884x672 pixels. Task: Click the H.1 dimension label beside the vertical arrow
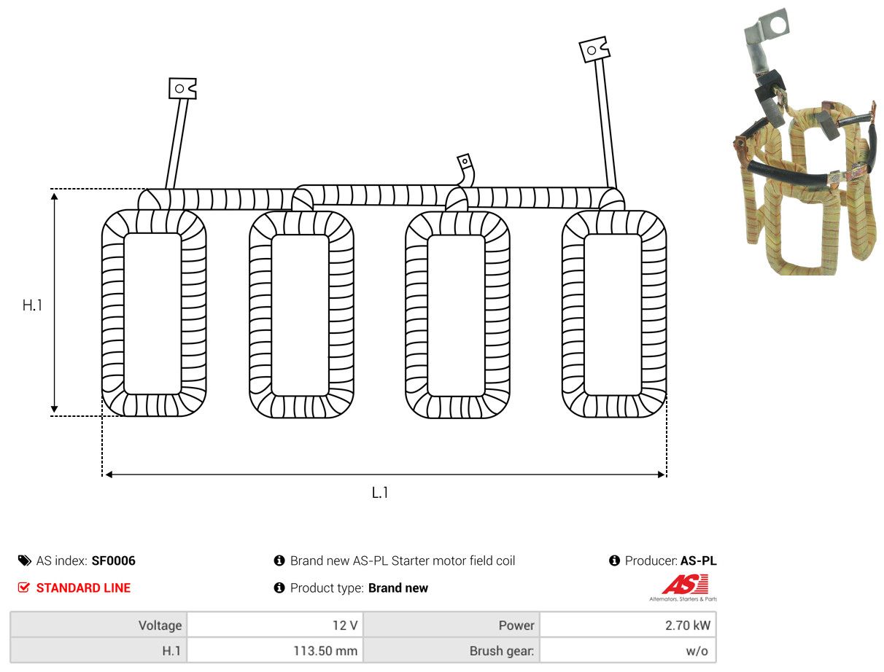point(32,305)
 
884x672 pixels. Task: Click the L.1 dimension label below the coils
point(379,493)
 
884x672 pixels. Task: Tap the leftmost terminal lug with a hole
point(182,88)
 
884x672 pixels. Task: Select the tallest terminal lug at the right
point(594,50)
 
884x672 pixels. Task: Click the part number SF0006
point(113,560)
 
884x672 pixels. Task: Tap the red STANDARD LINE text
point(83,588)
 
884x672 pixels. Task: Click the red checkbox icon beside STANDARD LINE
point(24,588)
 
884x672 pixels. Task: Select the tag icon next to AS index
point(25,560)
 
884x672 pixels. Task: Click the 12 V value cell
point(275,625)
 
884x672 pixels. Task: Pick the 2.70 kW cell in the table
point(628,625)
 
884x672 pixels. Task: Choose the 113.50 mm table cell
point(275,651)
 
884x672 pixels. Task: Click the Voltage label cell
point(98,625)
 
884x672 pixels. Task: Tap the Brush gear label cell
point(451,651)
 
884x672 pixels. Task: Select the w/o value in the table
point(697,651)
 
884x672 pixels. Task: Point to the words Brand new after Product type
point(398,588)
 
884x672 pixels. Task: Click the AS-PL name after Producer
point(698,560)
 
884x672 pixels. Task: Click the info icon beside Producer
point(614,560)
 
